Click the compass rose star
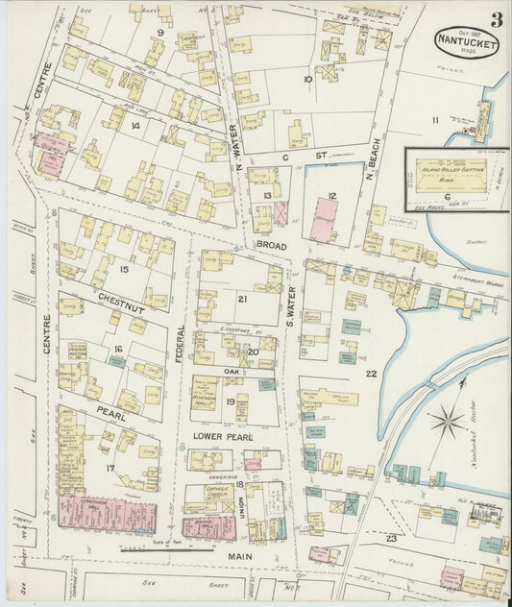tap(447, 420)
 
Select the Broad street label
tap(271, 245)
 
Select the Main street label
tap(240, 555)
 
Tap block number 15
tap(123, 270)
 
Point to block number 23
tap(391, 539)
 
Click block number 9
tap(160, 34)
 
